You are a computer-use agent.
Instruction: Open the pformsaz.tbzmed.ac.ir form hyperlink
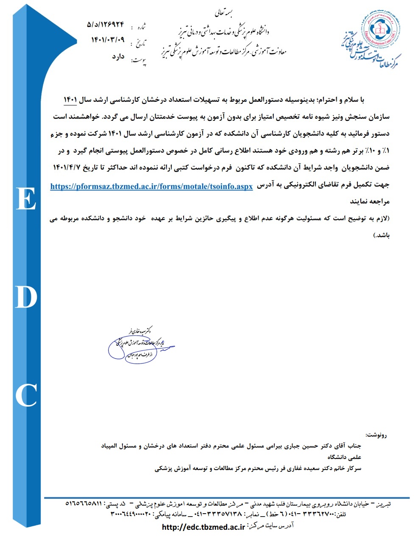tap(151, 186)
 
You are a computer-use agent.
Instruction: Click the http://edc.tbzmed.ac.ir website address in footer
tap(203, 527)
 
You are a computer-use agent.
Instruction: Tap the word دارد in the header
tap(117, 56)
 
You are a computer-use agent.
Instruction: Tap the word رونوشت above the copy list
tap(376, 435)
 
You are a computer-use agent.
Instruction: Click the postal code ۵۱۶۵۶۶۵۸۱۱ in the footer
tap(84, 504)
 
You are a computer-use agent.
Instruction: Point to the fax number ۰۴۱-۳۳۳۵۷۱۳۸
tap(217, 514)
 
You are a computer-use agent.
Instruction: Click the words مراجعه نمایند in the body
tap(372, 201)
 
